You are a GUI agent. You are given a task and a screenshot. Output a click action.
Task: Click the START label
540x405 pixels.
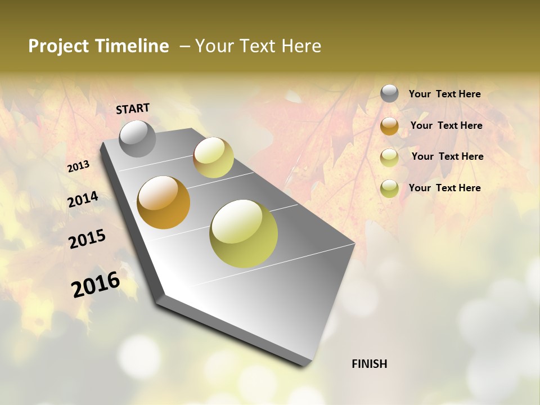(x=133, y=109)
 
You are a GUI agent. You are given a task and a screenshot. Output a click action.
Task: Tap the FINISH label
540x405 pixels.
(x=369, y=364)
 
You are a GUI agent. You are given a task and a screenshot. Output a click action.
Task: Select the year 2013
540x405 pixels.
(x=78, y=166)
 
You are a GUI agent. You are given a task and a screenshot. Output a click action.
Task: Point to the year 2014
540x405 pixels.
(x=83, y=200)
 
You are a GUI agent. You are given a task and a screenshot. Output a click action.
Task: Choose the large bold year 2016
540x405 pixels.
(x=96, y=285)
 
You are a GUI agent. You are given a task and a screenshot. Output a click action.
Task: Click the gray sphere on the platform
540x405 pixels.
(x=138, y=138)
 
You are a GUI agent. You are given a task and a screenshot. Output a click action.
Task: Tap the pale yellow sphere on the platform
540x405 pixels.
(x=213, y=157)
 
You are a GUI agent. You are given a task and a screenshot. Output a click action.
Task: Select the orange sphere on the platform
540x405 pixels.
(x=164, y=202)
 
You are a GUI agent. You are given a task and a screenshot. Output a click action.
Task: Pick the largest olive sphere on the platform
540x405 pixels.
(x=244, y=233)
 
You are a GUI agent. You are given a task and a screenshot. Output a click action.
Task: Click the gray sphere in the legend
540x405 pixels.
(x=389, y=93)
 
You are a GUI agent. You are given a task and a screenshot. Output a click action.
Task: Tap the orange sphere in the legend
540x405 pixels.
(x=389, y=126)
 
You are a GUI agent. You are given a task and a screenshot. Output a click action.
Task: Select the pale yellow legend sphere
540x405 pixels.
(x=389, y=157)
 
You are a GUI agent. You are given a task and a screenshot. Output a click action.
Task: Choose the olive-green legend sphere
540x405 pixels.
(x=389, y=188)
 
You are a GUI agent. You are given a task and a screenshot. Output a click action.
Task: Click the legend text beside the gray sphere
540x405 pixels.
(x=444, y=94)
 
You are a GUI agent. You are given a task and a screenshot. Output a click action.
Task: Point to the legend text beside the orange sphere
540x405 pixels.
(x=446, y=125)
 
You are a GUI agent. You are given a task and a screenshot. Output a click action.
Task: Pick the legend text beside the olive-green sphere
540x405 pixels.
(x=444, y=188)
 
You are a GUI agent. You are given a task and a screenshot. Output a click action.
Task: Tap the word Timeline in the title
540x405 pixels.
(x=133, y=46)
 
